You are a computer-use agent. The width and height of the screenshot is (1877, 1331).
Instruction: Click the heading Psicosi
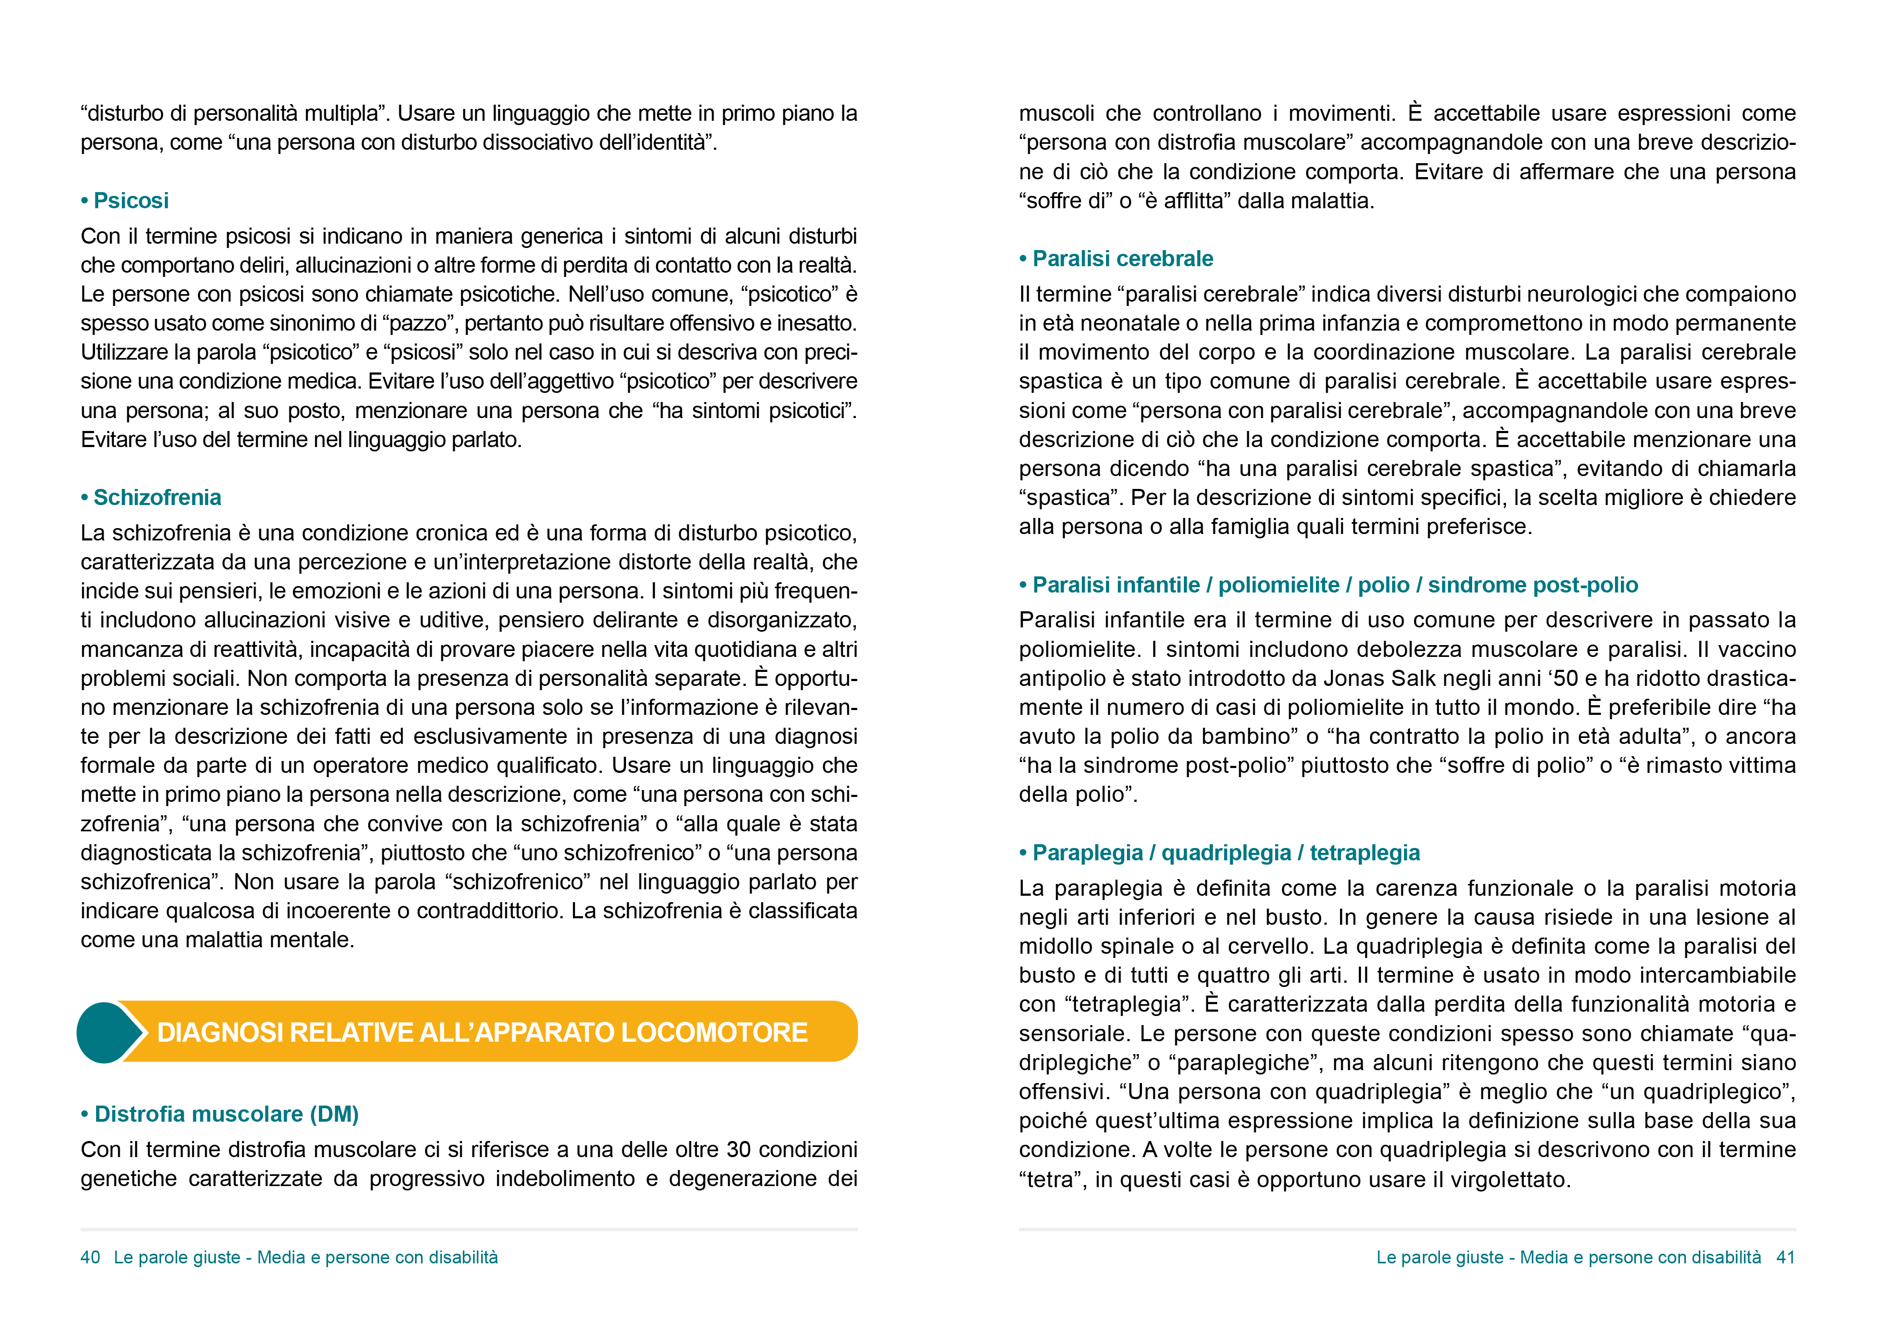pos(130,201)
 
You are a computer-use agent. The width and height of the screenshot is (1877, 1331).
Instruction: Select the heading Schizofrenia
pos(157,498)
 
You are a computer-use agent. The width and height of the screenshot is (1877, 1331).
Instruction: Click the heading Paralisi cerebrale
pos(1122,259)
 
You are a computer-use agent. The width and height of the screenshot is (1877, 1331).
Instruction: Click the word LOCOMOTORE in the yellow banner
pos(714,1033)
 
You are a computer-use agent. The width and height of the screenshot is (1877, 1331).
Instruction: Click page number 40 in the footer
pos(90,1257)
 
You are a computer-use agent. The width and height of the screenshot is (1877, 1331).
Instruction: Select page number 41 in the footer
pos(1785,1257)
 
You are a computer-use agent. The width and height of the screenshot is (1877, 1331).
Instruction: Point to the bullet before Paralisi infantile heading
pos(1023,585)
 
